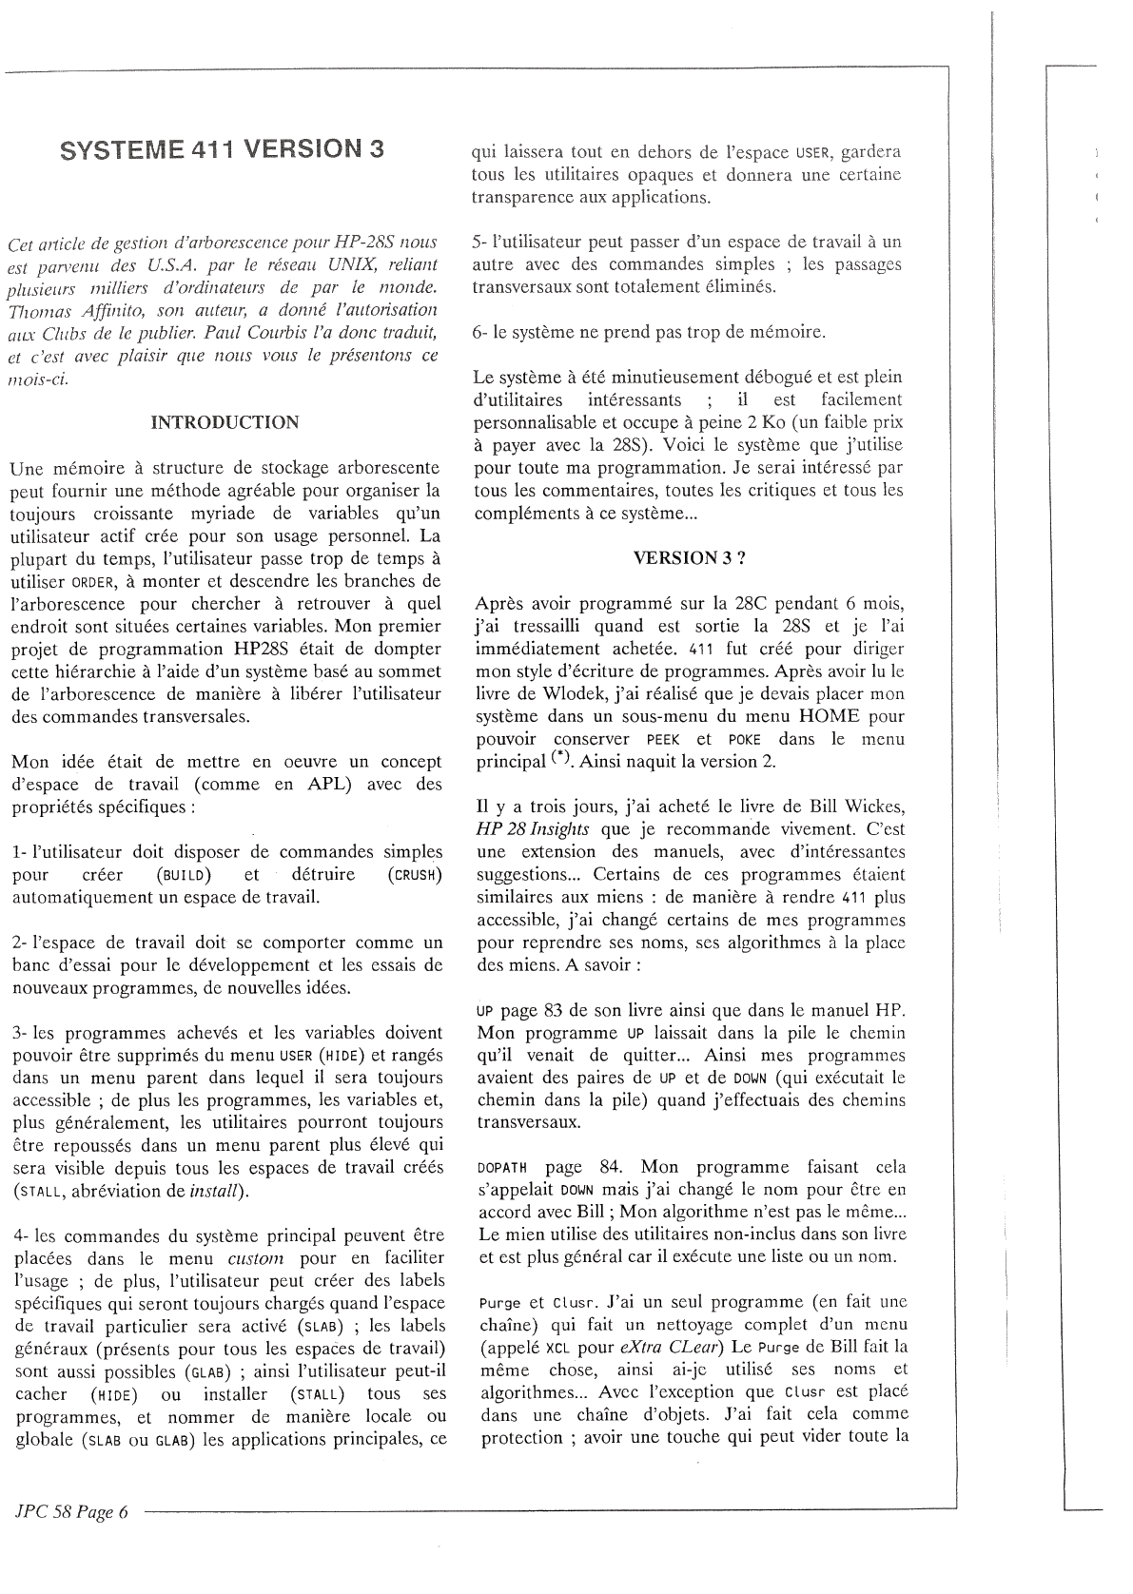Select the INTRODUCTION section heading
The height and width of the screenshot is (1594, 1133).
tap(225, 422)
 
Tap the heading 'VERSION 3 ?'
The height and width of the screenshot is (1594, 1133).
tap(689, 558)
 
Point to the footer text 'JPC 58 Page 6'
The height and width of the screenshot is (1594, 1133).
tap(70, 1513)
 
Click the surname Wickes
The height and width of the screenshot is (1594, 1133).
tap(868, 807)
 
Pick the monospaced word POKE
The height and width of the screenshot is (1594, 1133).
tap(744, 740)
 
